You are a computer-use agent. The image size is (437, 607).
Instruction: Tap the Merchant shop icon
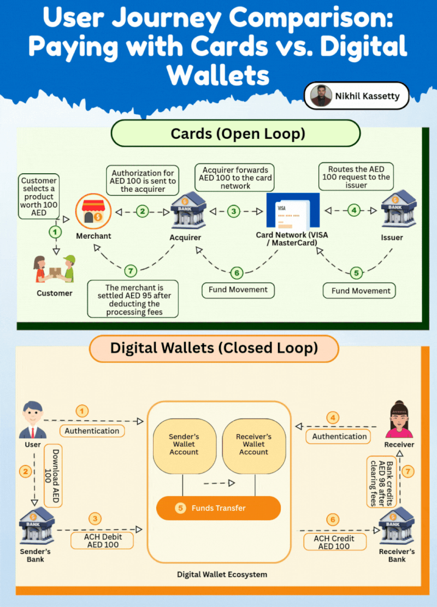tap(93, 212)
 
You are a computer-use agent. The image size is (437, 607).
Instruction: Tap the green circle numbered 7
tap(129, 270)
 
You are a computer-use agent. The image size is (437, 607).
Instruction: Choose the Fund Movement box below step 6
tap(238, 290)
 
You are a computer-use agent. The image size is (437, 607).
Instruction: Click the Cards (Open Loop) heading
tap(235, 134)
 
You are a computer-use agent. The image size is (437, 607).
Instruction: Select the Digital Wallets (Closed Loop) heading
tap(214, 348)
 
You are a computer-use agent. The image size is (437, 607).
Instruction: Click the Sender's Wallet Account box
tap(184, 444)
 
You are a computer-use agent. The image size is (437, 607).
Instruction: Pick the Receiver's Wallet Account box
tap(253, 444)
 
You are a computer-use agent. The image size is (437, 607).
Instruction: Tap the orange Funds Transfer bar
tap(218, 508)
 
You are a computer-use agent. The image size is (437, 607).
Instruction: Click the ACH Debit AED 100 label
tap(103, 541)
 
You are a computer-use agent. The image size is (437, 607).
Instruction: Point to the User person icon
tap(32, 420)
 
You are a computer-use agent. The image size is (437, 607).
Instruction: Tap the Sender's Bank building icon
tap(34, 526)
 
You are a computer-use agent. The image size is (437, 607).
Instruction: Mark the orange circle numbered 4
tap(333, 418)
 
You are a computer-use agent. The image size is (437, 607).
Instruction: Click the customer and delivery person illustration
tap(54, 268)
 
